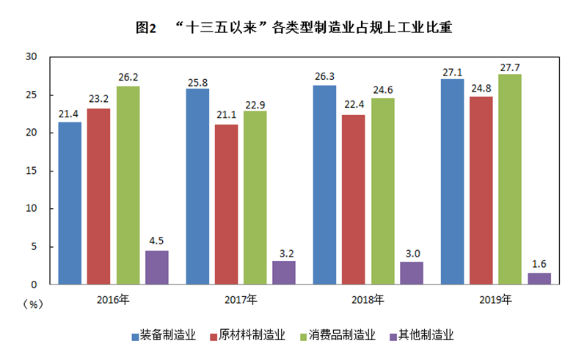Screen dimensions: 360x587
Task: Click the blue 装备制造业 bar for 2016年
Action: point(70,203)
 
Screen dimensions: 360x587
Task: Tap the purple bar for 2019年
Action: point(539,279)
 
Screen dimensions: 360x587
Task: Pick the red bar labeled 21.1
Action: point(227,204)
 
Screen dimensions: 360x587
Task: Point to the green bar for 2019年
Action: point(510,179)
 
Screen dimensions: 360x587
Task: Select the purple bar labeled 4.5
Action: point(157,267)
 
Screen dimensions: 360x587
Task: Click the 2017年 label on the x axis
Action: point(241,299)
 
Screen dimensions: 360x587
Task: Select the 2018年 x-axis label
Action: point(368,299)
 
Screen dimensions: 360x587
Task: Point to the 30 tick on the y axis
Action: point(31,57)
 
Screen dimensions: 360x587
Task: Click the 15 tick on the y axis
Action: point(31,171)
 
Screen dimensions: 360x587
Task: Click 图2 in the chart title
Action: point(147,29)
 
